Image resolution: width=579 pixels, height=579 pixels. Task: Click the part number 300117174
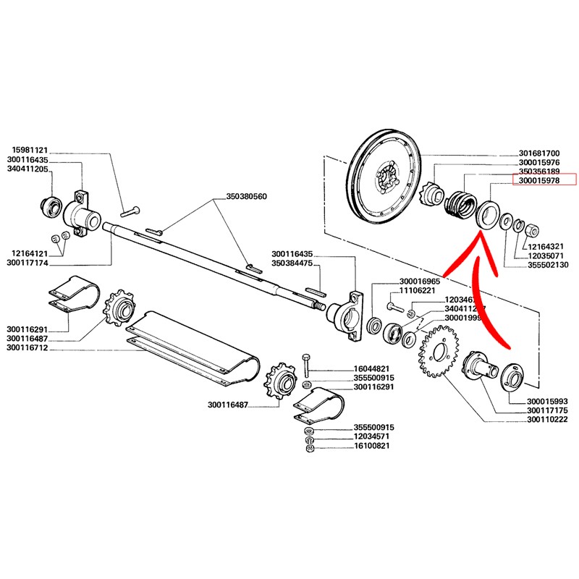(x=28, y=263)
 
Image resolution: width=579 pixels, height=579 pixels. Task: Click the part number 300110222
(x=548, y=420)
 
